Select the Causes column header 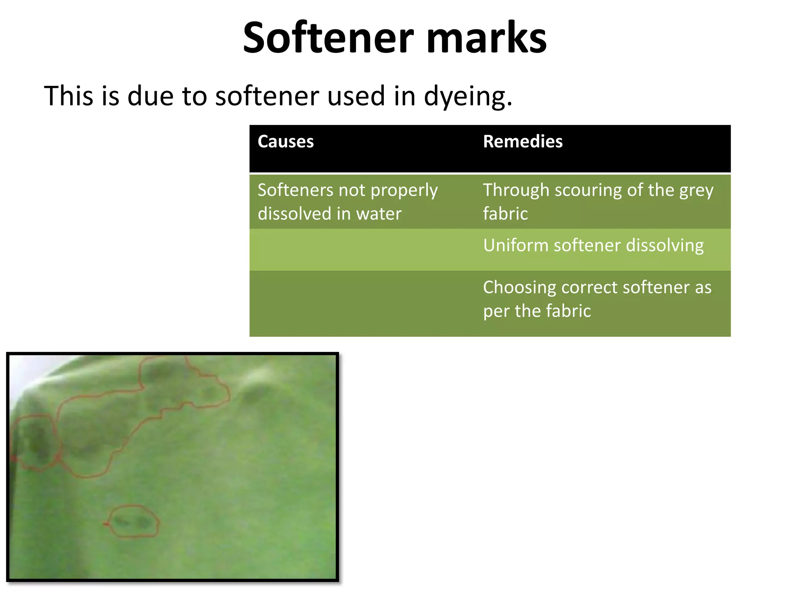(285, 141)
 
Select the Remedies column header (523, 141)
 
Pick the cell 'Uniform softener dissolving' (593, 245)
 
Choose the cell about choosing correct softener (597, 299)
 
